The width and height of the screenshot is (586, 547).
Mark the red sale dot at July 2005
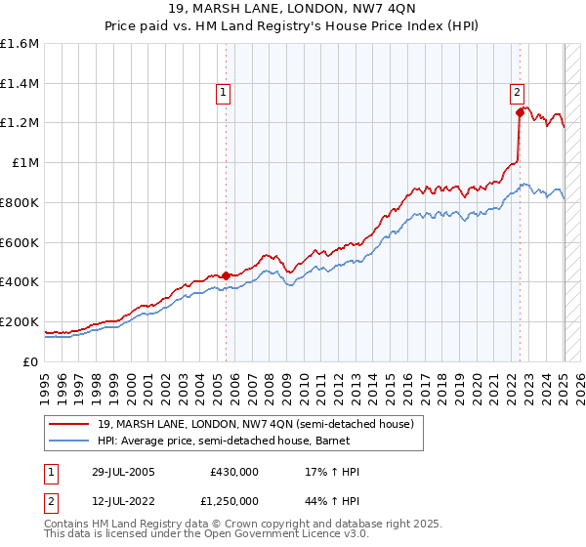pos(226,275)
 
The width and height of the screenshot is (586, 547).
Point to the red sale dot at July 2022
pos(520,113)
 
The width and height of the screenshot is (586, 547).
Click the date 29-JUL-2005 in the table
pos(121,472)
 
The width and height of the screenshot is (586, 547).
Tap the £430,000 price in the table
pos(234,472)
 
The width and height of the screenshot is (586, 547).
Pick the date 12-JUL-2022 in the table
pos(121,500)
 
